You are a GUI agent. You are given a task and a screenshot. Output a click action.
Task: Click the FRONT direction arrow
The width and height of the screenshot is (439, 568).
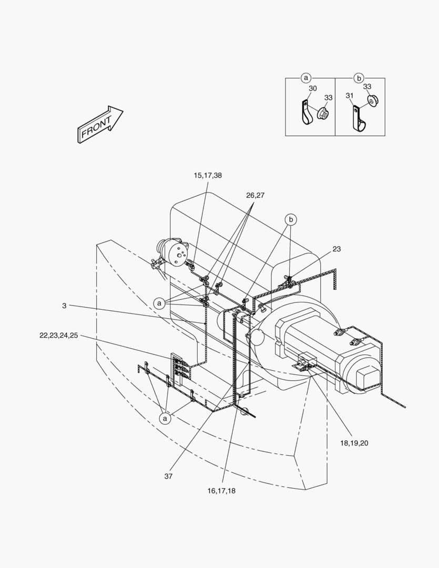[100, 124]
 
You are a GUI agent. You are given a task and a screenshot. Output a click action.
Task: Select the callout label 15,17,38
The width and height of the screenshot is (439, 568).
[208, 175]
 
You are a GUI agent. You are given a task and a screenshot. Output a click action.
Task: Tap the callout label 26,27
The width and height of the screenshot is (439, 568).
[256, 195]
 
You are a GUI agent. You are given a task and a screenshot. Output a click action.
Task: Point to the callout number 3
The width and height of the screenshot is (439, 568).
[65, 306]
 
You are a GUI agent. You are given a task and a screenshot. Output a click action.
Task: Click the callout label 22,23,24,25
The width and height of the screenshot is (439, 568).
[59, 336]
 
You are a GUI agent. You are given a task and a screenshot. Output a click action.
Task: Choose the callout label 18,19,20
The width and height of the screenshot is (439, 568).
[354, 443]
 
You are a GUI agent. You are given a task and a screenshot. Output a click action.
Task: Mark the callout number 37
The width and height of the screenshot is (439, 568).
[168, 476]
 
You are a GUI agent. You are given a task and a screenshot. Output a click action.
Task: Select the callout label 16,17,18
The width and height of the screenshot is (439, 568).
[221, 491]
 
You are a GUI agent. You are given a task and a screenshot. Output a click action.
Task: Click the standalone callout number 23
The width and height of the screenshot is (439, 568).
[337, 249]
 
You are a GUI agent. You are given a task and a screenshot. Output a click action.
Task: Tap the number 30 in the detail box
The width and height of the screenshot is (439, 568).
[313, 88]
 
